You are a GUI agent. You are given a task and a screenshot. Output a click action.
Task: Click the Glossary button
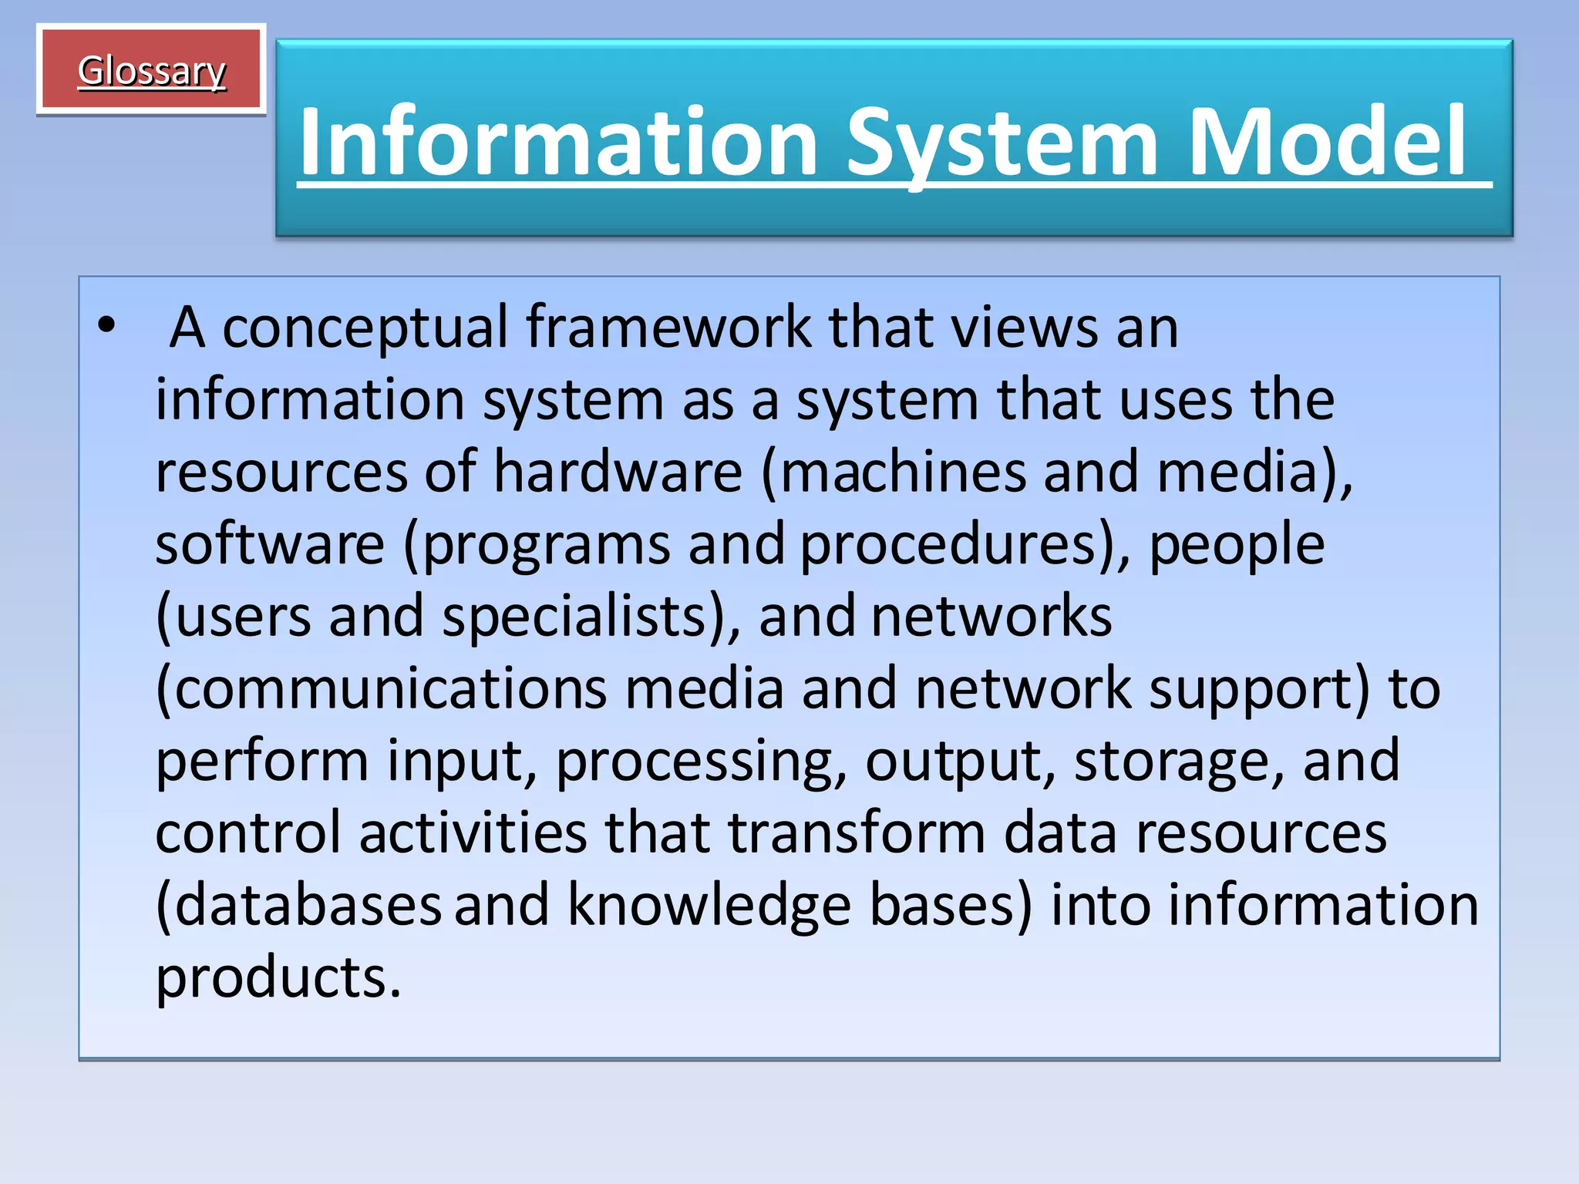tap(151, 71)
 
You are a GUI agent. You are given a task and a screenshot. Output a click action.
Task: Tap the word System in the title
tap(1002, 142)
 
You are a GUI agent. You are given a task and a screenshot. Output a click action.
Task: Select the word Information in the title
tap(559, 142)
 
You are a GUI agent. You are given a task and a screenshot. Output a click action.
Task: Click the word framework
tap(668, 327)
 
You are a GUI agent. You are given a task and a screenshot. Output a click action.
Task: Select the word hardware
tap(618, 471)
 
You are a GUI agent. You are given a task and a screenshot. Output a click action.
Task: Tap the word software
tap(270, 543)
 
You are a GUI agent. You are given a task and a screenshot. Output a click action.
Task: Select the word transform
tap(857, 832)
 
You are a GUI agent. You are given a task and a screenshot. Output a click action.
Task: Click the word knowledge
tap(709, 906)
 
